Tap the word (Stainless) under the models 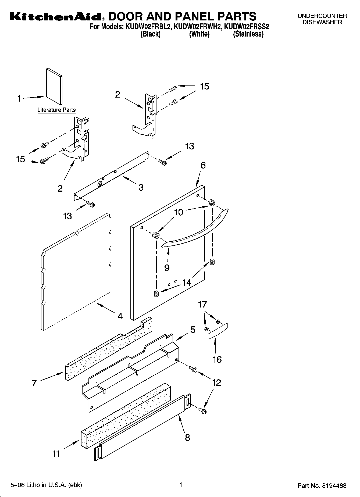[x=248, y=34]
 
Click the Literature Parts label [x=56, y=110]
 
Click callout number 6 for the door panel [x=203, y=165]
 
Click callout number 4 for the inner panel [x=120, y=316]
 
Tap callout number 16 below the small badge [x=217, y=359]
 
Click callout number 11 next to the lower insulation [x=56, y=454]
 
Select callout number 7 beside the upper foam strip [x=34, y=383]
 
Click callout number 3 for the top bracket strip [x=141, y=187]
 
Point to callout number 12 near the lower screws [x=216, y=382]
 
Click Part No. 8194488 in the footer [x=322, y=486]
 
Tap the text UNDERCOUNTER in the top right [x=322, y=16]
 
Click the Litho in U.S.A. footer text [x=46, y=485]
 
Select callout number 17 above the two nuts [x=202, y=305]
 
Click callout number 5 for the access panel [x=193, y=330]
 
